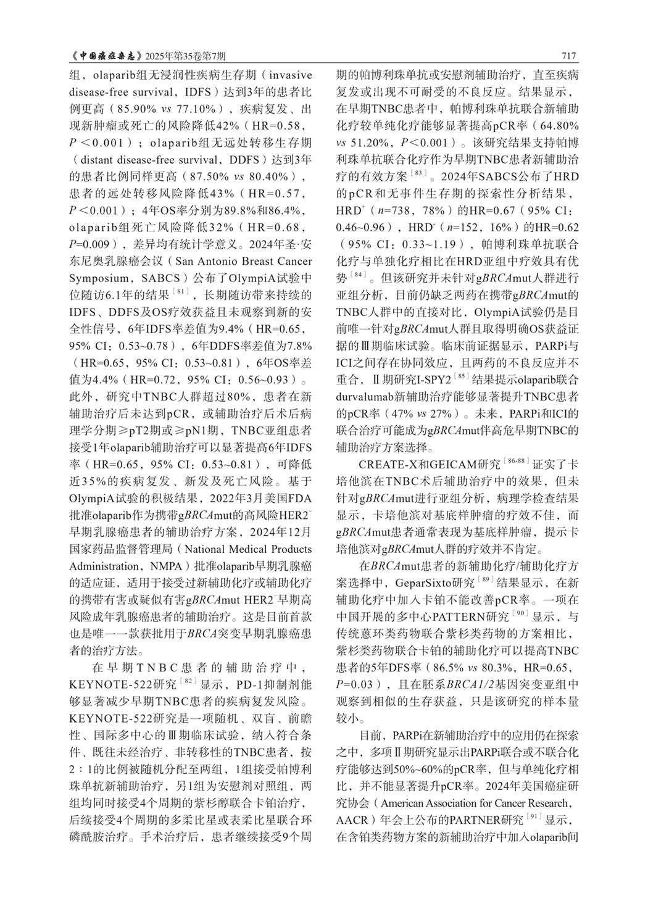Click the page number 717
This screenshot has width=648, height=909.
tap(568, 56)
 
